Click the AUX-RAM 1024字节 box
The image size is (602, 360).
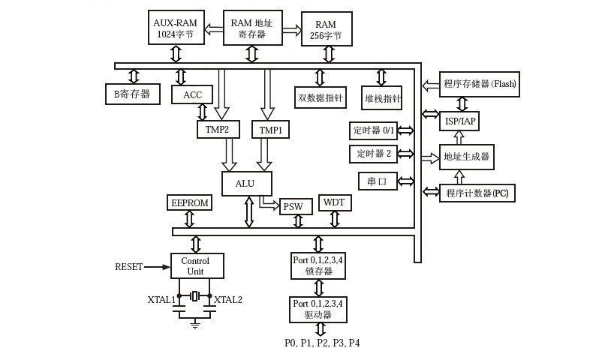click(x=175, y=28)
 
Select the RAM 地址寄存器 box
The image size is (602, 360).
click(x=252, y=28)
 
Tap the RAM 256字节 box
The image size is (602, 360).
click(x=326, y=29)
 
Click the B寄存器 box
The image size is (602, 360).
click(x=132, y=94)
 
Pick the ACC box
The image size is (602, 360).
click(x=192, y=94)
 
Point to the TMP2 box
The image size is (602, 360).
click(x=218, y=129)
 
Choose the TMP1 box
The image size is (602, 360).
click(x=270, y=130)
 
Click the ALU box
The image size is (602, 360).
click(x=247, y=184)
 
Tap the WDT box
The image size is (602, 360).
click(x=335, y=202)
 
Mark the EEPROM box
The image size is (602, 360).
click(x=189, y=202)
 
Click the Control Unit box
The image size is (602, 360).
click(x=196, y=266)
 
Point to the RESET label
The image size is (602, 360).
click(x=128, y=267)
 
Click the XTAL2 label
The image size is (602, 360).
click(x=228, y=300)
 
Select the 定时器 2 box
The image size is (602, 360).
click(x=373, y=154)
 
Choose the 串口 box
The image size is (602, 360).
click(x=378, y=181)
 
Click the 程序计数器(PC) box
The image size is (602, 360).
click(x=477, y=193)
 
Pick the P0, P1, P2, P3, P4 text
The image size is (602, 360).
click(x=322, y=343)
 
